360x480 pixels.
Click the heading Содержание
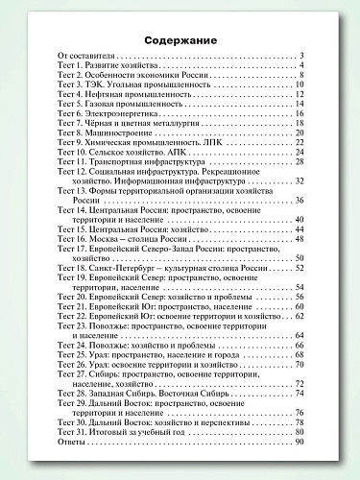[x=180, y=39]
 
